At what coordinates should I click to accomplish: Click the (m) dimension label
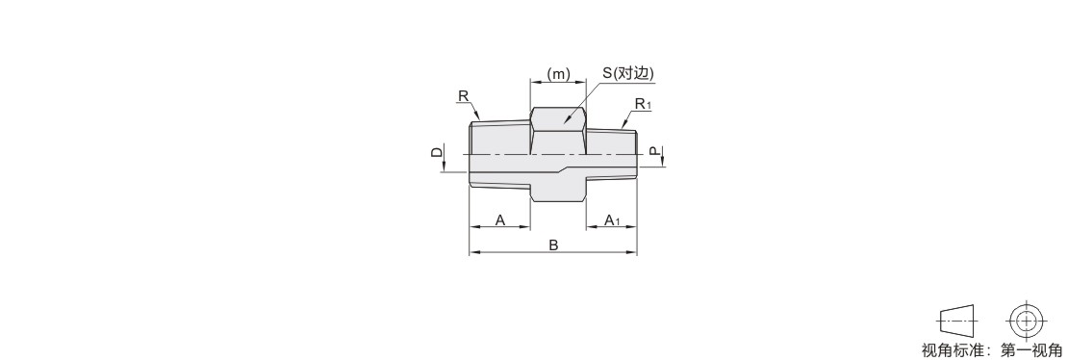pyautogui.click(x=558, y=74)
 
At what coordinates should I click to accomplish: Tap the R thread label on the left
pyautogui.click(x=463, y=96)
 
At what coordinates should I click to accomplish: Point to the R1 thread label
pyautogui.click(x=643, y=104)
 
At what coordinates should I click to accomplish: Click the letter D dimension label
pyautogui.click(x=437, y=152)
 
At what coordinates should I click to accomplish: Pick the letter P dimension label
pyautogui.click(x=654, y=151)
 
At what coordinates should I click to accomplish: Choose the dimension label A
pyautogui.click(x=500, y=220)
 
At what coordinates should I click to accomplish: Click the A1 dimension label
pyautogui.click(x=612, y=220)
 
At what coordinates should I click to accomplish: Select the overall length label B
pyautogui.click(x=554, y=245)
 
